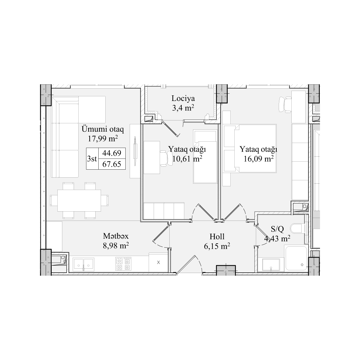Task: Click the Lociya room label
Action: click(183, 98)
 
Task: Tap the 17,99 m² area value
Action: click(103, 138)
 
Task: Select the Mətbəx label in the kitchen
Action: click(116, 236)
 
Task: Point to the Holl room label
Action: click(217, 236)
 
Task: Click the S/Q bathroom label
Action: click(277, 229)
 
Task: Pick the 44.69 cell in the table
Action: click(112, 153)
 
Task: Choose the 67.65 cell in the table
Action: click(112, 164)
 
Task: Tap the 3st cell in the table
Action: click(92, 159)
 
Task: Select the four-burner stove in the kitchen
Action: click(123, 264)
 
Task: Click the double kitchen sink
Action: click(83, 264)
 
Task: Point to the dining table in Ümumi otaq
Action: click(79, 200)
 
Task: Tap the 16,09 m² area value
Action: click(259, 159)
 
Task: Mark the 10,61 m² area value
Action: click(187, 159)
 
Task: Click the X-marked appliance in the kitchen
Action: click(158, 262)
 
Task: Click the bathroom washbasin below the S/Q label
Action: click(271, 265)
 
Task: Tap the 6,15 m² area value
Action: click(217, 246)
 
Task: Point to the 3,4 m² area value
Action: click(183, 108)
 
